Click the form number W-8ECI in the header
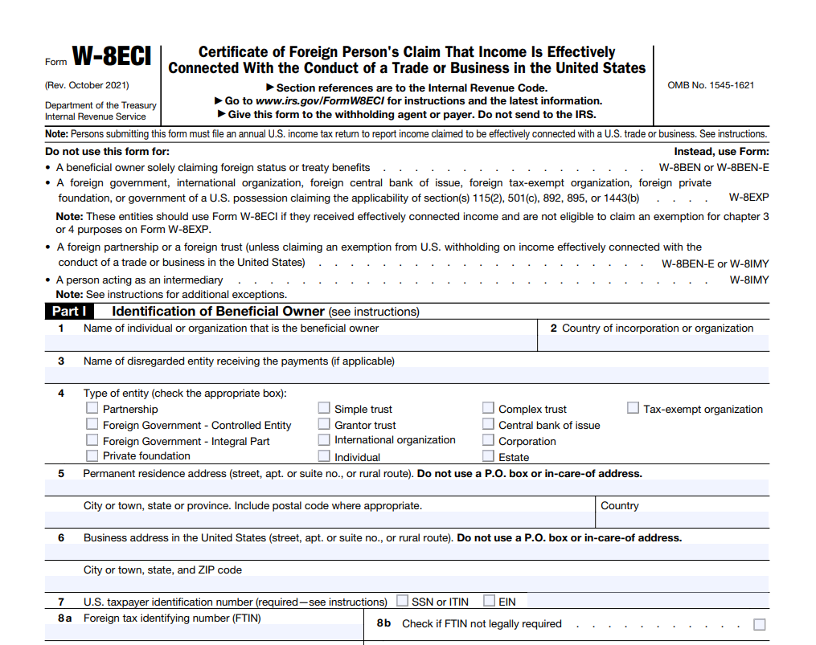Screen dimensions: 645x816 pos(112,57)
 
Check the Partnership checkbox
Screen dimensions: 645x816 pos(92,408)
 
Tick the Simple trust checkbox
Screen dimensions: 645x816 pos(324,408)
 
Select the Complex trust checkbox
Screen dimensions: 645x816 pos(488,408)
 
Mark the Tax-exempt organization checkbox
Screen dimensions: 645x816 pos(633,408)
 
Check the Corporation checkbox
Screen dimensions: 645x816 pos(488,440)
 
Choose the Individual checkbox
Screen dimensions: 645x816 pos(324,456)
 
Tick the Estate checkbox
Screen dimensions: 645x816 pos(488,456)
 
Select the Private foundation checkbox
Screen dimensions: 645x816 pos(92,455)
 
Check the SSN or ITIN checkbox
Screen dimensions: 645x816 pos(402,601)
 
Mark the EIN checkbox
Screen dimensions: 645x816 pos(489,601)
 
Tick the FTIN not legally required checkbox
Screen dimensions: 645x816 pos(759,624)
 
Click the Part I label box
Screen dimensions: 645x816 pos(69,312)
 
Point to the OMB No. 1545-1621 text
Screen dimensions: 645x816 pos(711,85)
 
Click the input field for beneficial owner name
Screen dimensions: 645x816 pos(290,344)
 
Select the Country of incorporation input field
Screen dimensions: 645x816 pos(653,344)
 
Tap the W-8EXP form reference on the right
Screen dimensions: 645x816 pos(748,197)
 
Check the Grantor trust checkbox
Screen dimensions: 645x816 pos(324,424)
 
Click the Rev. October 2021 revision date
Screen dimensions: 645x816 pos(87,85)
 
